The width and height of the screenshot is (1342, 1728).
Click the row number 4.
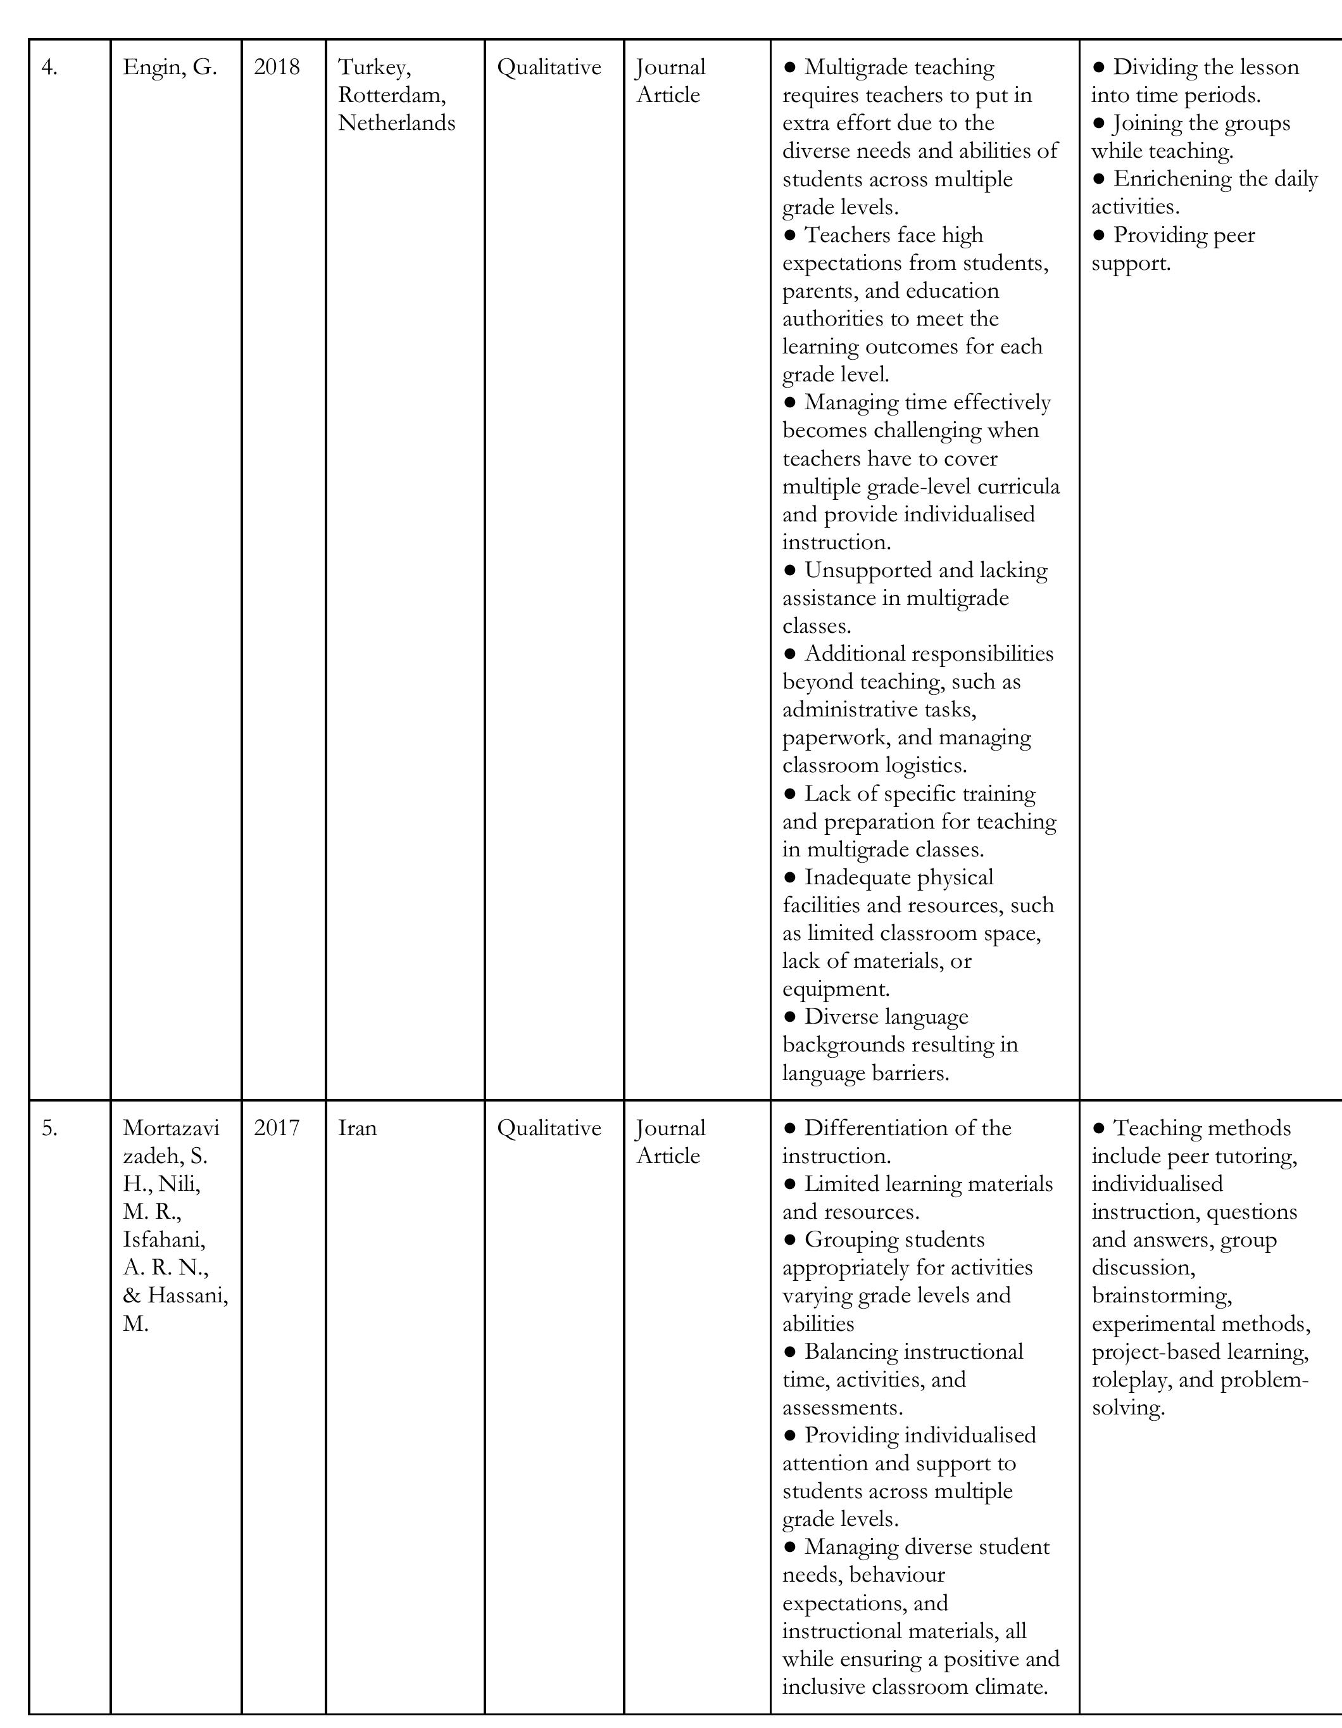[49, 68]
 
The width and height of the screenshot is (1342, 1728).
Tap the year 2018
[277, 68]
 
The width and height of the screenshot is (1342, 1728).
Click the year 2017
[277, 1128]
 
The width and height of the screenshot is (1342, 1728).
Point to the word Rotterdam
[391, 96]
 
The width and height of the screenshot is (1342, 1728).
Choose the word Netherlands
[396, 124]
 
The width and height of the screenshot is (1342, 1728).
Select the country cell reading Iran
[358, 1128]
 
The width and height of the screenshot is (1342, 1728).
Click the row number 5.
[49, 1128]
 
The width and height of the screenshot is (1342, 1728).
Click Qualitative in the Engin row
[549, 68]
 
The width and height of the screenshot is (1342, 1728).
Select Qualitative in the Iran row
[549, 1128]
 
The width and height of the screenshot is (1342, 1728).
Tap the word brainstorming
[1161, 1296]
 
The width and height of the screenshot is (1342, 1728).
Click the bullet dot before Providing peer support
[1098, 235]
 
